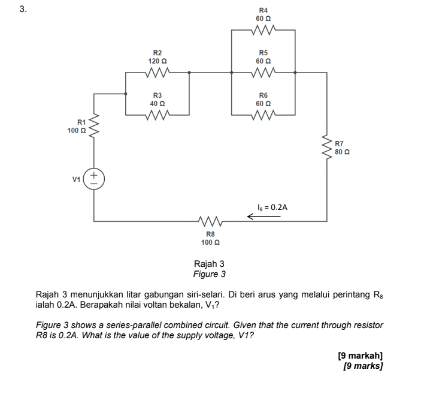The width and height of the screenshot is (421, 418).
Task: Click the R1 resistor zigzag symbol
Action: [x=95, y=127]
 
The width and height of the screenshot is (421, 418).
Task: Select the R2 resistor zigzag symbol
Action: [x=158, y=73]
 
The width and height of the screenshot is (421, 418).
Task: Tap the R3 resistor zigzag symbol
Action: [x=158, y=114]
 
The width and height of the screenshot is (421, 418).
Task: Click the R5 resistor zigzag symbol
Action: [x=264, y=73]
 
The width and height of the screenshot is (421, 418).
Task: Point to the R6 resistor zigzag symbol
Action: [x=264, y=114]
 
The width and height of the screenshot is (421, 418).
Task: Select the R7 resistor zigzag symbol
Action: [x=328, y=148]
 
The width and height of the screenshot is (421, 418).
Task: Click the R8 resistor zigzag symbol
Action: [x=210, y=221]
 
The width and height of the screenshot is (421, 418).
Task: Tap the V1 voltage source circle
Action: [x=95, y=179]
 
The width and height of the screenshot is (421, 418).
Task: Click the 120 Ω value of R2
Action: [x=158, y=61]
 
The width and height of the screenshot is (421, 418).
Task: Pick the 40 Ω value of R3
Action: [x=158, y=103]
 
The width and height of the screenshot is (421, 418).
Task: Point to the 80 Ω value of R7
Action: [x=342, y=152]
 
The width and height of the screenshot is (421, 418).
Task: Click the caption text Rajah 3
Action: [x=209, y=264]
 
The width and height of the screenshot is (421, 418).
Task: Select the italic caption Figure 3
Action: [x=209, y=274]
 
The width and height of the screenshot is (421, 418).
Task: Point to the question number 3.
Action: [x=22, y=9]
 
